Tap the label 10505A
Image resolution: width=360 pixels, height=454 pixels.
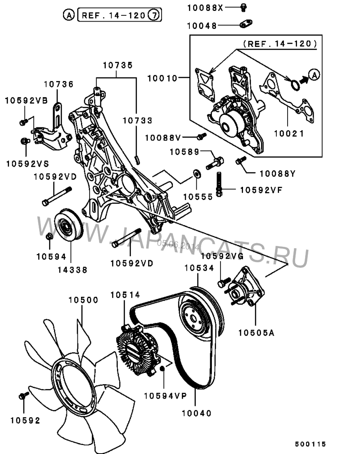click(x=256, y=333)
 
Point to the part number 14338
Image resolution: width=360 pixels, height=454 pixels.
click(x=72, y=270)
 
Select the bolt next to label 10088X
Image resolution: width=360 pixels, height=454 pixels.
click(x=243, y=7)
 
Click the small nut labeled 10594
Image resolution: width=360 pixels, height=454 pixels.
click(x=50, y=236)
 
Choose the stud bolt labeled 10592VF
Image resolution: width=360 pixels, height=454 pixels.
click(x=220, y=183)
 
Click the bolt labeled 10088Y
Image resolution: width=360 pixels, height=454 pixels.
click(x=240, y=160)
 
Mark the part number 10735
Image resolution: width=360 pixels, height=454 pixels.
click(x=118, y=65)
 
